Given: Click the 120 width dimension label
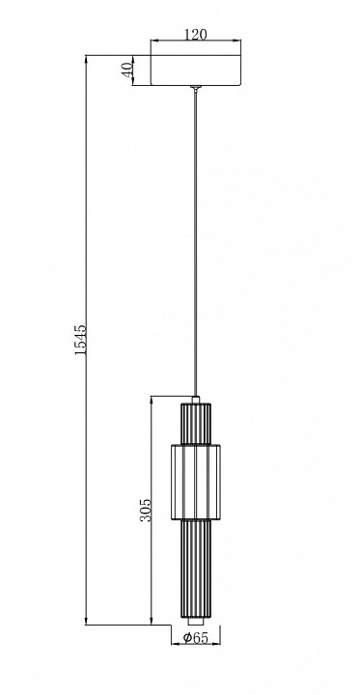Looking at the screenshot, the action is coord(196,34).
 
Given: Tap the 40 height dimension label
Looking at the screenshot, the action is coord(127,70).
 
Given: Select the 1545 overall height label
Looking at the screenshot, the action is coord(80,340).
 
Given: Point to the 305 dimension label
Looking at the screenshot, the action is coord(147,511).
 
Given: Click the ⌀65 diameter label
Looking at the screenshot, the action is coord(196,637).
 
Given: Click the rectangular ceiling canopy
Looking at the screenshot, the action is coord(196,70).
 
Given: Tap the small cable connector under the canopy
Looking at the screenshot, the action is coord(196,88).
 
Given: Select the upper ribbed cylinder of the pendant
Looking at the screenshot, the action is coord(196,424).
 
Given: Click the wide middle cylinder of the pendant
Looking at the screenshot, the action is coord(196,482).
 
